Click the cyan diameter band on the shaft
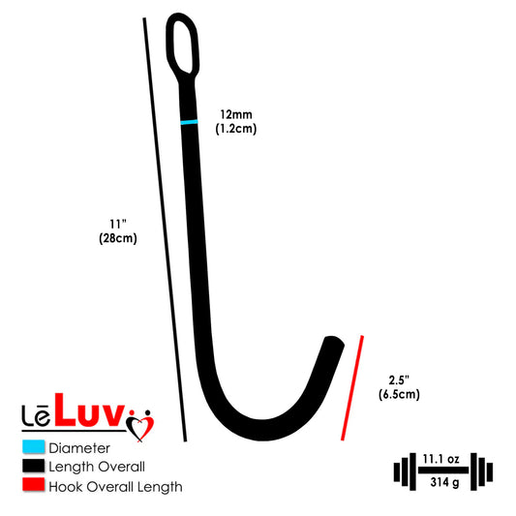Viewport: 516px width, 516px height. point(189,122)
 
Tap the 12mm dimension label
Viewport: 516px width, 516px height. point(236,114)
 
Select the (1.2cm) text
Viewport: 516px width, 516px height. point(236,129)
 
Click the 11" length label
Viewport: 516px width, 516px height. point(118,224)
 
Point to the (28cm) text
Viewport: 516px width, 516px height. point(118,238)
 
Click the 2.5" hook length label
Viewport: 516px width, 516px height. point(399,380)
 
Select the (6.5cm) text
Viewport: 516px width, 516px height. point(399,394)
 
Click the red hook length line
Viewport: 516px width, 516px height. point(352,387)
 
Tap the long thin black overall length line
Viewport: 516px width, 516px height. point(165,229)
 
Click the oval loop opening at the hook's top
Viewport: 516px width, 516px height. point(182,46)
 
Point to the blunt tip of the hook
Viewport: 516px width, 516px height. point(334,341)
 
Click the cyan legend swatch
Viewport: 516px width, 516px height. point(33,446)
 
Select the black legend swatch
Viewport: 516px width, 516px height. point(33,466)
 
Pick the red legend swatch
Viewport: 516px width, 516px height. point(33,485)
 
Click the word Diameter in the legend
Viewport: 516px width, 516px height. point(79,448)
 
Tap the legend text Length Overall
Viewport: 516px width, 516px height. point(97,467)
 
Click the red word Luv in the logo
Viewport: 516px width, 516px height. point(89,410)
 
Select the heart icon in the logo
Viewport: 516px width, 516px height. point(140,426)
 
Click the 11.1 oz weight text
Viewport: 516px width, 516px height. point(440,459)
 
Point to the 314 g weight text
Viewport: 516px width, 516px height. point(444,482)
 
